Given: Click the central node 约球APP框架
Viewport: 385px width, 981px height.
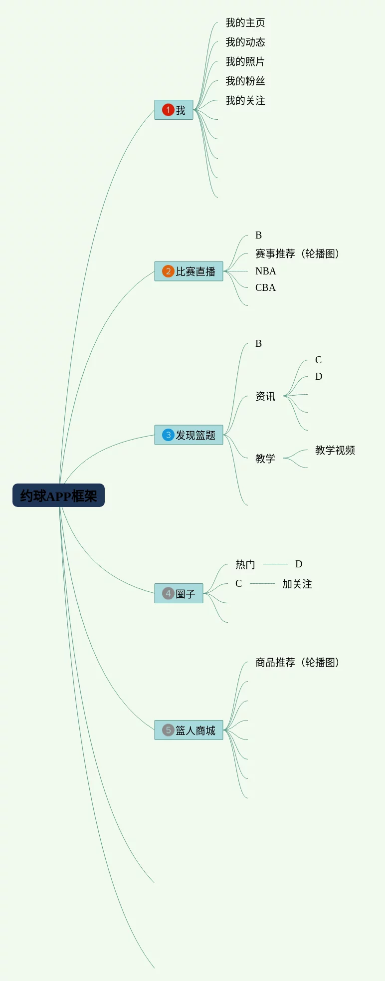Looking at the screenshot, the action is coord(58,495).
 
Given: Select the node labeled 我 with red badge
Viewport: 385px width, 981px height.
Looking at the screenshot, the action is coord(174,110).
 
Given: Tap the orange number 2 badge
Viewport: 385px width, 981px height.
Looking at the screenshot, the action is coord(168,271).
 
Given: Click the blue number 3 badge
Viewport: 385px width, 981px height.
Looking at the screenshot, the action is coord(168,435).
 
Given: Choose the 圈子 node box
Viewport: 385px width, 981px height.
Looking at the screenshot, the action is coord(179,593).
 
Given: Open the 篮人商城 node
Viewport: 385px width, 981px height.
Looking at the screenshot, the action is coord(189,730).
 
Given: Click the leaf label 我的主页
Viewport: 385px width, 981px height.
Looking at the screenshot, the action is coord(245,22).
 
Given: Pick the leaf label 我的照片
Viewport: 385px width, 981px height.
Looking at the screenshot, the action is coord(245,61).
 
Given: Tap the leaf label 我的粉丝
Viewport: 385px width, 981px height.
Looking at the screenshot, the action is coord(245,81).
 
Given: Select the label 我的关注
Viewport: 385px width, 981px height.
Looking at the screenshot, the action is coord(245,100).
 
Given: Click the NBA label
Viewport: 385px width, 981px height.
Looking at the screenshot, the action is coord(265,271).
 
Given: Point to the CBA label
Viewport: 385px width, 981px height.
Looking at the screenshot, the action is coord(265,287).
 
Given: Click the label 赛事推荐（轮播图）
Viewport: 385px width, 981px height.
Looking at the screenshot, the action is coord(297,253).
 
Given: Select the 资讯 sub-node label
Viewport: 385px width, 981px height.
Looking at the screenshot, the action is coord(265,396).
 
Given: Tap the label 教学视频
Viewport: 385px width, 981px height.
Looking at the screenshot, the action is coord(335,450).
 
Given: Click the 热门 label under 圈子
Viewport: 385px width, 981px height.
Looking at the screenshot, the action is coord(245,564).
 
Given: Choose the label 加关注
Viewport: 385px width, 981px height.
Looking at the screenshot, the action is coord(297,584).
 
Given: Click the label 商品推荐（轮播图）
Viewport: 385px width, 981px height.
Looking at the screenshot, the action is coord(297,662).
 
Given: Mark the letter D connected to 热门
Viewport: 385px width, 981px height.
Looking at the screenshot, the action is coord(299,564).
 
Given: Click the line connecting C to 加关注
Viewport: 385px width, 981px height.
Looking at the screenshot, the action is coord(262,583).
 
